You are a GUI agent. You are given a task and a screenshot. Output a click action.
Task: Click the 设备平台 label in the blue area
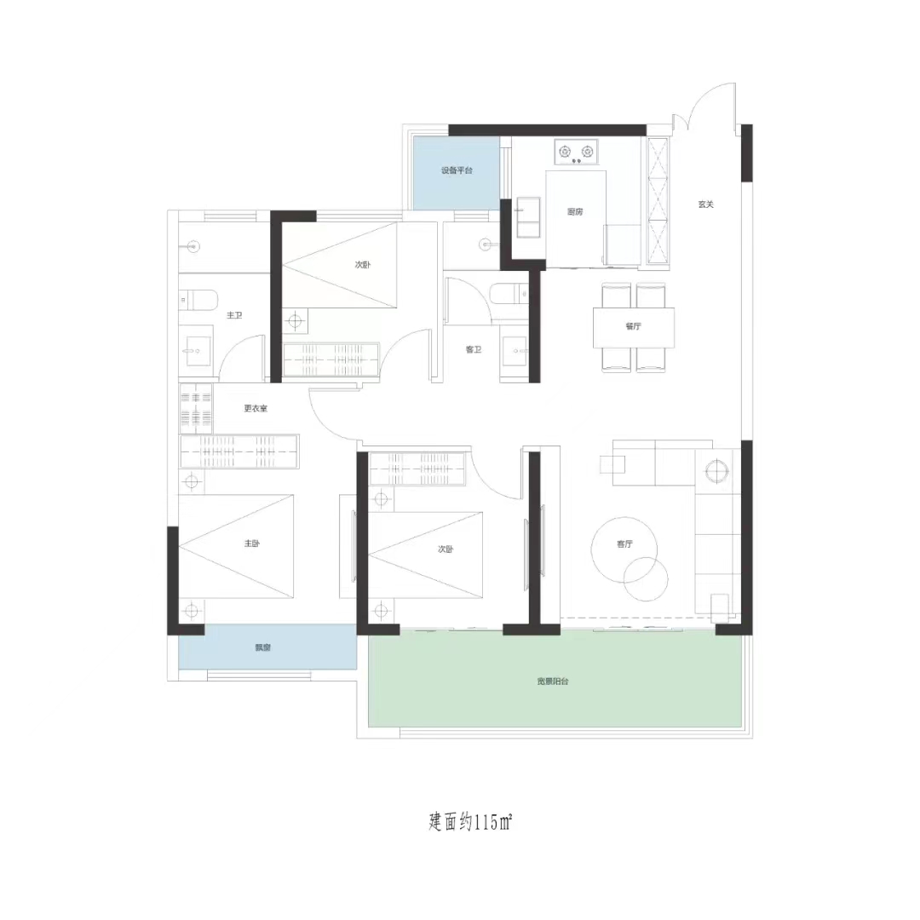coord(457,170)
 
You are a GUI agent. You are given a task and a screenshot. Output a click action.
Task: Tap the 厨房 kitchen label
coord(575,212)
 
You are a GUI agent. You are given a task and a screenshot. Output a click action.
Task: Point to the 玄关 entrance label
coord(706,204)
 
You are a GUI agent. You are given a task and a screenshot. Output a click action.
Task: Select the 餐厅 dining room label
coord(633,326)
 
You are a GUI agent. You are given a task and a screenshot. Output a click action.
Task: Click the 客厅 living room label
coord(625,543)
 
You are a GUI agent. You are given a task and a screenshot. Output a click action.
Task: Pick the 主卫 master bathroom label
coord(234,315)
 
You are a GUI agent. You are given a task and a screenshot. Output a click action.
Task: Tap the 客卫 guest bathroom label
coord(474,350)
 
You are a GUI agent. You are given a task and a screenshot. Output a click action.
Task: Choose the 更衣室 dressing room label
coord(256,408)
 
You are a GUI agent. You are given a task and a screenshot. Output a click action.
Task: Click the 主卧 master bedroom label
coord(251,543)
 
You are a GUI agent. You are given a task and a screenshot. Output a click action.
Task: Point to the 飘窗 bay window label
coord(263,647)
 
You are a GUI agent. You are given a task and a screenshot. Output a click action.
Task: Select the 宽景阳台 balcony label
coord(553,681)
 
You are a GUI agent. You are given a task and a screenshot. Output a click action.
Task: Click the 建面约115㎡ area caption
coord(470,821)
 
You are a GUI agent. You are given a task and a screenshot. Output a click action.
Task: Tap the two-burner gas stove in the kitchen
coord(576,152)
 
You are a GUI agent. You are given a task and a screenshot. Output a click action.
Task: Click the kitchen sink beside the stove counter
coord(528,218)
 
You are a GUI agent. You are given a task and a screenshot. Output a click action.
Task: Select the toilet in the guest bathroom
coord(509,294)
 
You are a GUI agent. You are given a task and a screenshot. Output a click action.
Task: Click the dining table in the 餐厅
coord(634,327)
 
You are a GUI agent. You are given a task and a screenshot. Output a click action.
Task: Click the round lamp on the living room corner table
coord(716,471)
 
